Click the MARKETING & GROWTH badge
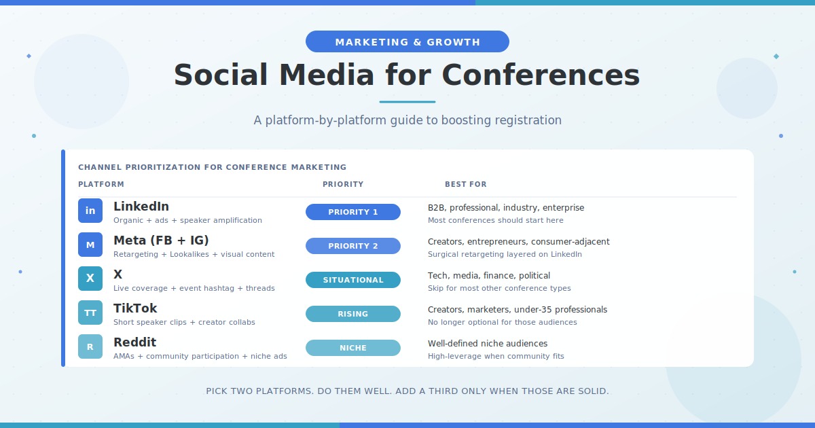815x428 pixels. point(407,41)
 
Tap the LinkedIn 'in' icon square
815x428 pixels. point(90,211)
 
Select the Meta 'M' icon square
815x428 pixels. point(90,245)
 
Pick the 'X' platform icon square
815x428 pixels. point(90,279)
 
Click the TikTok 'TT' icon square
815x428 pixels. point(90,313)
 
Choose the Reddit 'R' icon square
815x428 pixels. point(90,346)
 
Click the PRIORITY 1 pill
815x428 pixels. point(353,212)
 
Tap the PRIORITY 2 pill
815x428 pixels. point(353,246)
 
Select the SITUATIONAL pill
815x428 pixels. point(353,280)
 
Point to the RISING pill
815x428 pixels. point(353,314)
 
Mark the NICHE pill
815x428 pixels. point(353,348)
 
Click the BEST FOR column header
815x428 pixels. point(466,184)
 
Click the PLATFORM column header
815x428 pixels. point(101,184)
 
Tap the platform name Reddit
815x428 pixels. point(134,342)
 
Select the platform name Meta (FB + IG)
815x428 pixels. point(161,240)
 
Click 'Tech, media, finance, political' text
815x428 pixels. point(489,276)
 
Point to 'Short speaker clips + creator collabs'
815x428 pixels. point(184,322)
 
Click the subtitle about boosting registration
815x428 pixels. point(407,120)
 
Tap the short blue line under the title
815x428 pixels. point(407,102)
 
